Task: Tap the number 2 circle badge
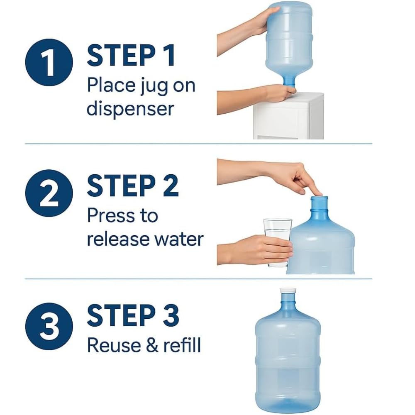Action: point(49,193)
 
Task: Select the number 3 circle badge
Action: point(49,325)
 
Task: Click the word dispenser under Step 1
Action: point(130,109)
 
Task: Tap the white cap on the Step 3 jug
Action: point(287,292)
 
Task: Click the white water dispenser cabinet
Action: point(288,118)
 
